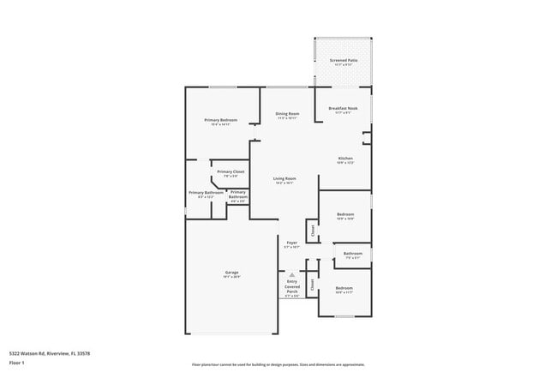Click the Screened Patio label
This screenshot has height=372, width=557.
point(343,60)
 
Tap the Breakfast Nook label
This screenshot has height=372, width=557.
point(343,108)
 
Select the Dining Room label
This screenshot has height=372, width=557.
point(287,114)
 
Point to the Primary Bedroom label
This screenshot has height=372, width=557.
point(220,120)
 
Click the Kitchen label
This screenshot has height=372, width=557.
point(345,159)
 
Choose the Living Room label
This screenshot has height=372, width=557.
point(284,179)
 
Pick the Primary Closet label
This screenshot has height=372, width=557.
point(230,172)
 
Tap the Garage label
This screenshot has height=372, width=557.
point(231,273)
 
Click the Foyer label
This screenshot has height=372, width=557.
point(291,243)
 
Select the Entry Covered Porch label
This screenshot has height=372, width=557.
point(292,287)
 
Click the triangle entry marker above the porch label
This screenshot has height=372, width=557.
point(291,274)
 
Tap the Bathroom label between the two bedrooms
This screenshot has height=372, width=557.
point(353,254)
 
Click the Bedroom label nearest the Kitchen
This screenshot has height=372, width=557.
point(345,214)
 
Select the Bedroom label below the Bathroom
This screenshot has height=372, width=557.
point(344,288)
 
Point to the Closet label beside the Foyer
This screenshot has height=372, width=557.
point(313,230)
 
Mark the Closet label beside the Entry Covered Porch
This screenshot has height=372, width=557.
point(312,284)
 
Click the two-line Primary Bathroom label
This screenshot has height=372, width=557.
point(237,195)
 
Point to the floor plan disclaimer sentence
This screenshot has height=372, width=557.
point(278,364)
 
